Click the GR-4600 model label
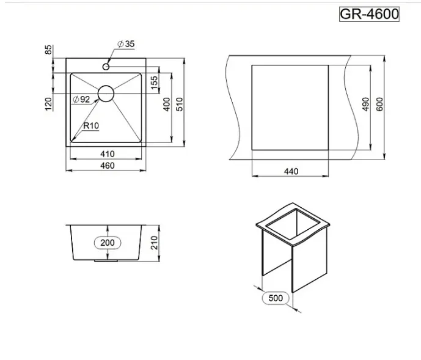pos(369,14)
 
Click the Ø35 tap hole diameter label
pos(126,44)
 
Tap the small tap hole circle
pos(106,67)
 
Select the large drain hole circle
pos(106,94)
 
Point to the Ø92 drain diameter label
pos(81,100)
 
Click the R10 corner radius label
pos(91,125)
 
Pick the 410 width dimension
pos(108,154)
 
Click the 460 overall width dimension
pos(108,166)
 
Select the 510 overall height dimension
pos(180,105)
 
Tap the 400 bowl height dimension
pos(167,105)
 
